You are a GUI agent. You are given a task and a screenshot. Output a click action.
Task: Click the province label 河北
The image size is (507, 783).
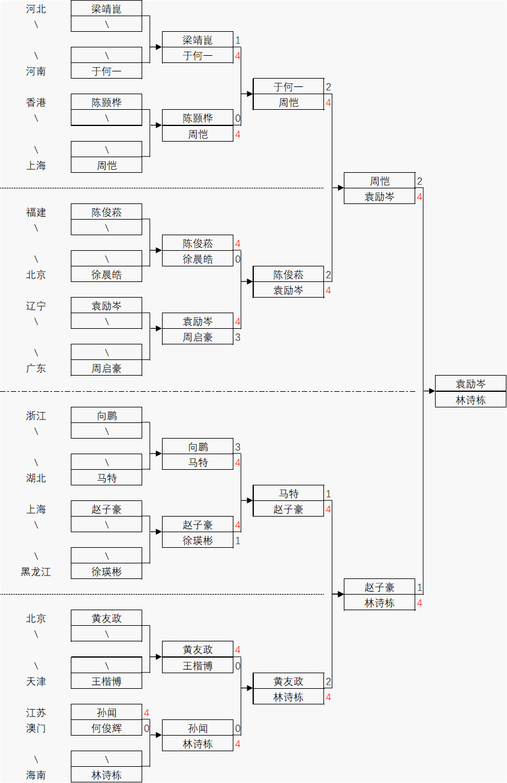pos(36,9)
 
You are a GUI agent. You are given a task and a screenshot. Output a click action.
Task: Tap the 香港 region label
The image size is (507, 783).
pos(36,103)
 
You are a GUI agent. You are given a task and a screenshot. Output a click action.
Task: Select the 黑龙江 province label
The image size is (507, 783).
pos(36,572)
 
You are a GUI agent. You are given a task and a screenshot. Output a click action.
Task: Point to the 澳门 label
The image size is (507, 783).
pos(36,728)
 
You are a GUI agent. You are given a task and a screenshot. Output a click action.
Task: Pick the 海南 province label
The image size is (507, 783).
pos(36,775)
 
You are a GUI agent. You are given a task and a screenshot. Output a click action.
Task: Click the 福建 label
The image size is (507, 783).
pos(36,212)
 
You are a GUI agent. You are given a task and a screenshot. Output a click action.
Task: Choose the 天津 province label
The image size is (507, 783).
pos(36,682)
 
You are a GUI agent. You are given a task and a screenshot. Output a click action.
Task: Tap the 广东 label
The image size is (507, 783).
pos(36,368)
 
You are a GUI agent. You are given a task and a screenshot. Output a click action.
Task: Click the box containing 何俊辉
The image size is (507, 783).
pos(107,728)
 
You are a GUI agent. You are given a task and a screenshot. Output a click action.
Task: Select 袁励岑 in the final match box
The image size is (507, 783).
pos(471,384)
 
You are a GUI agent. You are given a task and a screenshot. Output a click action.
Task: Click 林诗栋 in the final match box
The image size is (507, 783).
pos(471,400)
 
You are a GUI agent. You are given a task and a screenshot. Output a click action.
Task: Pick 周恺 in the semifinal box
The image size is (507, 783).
pos(379,181)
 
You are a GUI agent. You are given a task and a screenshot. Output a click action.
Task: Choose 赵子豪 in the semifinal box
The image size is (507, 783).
pos(379,587)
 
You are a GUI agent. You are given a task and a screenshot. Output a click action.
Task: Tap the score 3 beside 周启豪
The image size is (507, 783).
pos(238,337)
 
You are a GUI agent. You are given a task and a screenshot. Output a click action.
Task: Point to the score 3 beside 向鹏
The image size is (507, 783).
pos(238,447)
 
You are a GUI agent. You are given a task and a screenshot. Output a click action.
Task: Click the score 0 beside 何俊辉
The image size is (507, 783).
pos(146,728)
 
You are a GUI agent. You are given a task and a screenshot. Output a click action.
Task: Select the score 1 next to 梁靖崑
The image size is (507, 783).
pos(238,40)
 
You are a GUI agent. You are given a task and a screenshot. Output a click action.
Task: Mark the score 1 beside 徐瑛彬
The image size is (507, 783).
pos(238,541)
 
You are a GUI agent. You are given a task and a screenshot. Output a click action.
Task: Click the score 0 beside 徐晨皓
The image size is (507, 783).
pos(238,259)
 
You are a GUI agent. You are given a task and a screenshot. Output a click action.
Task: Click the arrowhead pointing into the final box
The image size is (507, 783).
pos(431,391)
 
